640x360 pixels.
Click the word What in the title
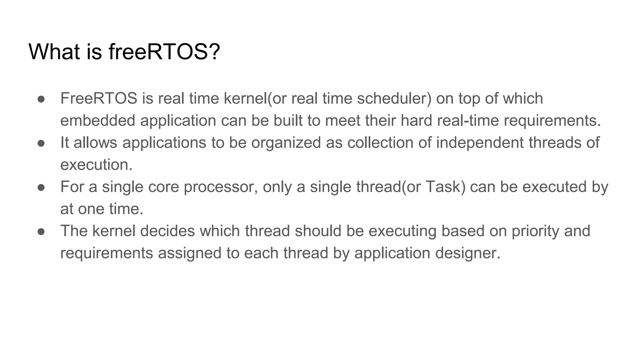pos(54,52)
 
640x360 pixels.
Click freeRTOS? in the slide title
pos(164,52)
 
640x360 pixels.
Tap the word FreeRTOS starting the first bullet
pos(99,98)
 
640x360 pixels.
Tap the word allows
pos(95,142)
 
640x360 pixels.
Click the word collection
pos(380,142)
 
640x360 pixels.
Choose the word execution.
pos(96,165)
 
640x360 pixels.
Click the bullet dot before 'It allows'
pos(41,143)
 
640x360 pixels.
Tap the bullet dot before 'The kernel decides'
pos(41,232)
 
